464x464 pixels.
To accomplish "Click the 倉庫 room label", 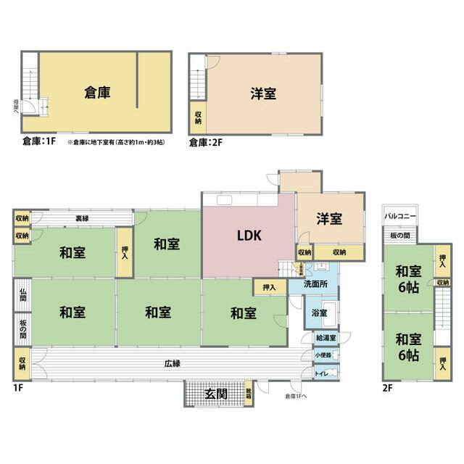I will pyautogui.click(x=97, y=92).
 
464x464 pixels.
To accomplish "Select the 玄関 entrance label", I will pyautogui.click(x=215, y=394).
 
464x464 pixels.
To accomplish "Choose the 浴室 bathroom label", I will pyautogui.click(x=319, y=313).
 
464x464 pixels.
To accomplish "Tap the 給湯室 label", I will pyautogui.click(x=323, y=339).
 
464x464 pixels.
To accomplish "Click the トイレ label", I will pyautogui.click(x=321, y=373).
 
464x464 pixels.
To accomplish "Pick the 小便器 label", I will pyautogui.click(x=323, y=356).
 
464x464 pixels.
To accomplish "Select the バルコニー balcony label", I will pyautogui.click(x=399, y=216).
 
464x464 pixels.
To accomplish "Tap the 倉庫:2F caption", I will pyautogui.click(x=205, y=142).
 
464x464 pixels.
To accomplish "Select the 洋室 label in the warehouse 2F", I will pyautogui.click(x=264, y=94).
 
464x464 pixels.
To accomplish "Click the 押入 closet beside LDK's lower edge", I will pyautogui.click(x=270, y=288).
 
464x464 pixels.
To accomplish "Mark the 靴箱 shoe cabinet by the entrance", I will pyautogui.click(x=249, y=392).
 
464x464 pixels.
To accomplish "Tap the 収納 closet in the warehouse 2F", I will pyautogui.click(x=197, y=116).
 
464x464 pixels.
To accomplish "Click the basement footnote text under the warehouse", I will pyautogui.click(x=116, y=142).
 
